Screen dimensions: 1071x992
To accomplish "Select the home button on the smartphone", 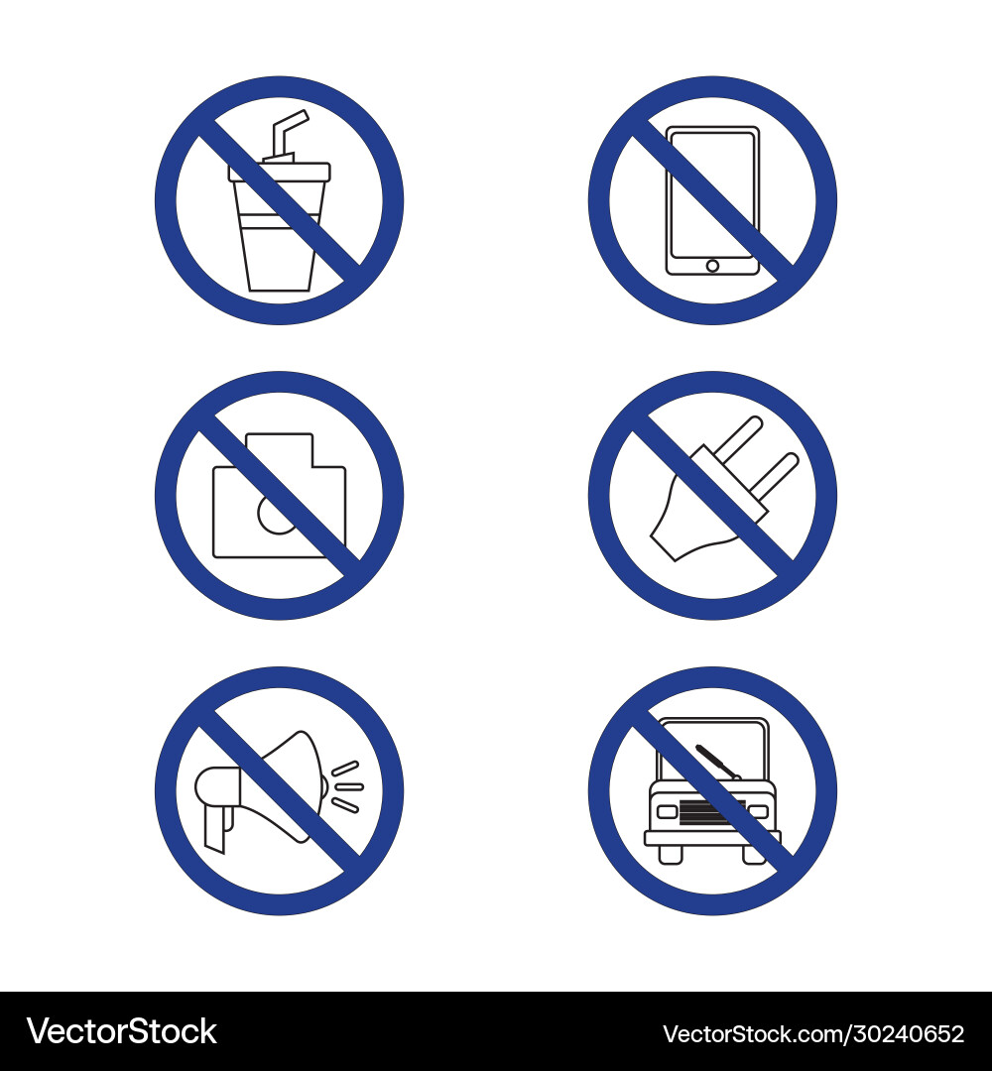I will click(711, 265).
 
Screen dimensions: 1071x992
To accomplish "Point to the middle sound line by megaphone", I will click(348, 786).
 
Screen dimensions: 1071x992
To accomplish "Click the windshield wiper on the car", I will click(717, 762).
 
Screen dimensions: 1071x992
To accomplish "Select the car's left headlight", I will click(667, 812).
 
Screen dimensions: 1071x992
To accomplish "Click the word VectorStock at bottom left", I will click(120, 1031).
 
